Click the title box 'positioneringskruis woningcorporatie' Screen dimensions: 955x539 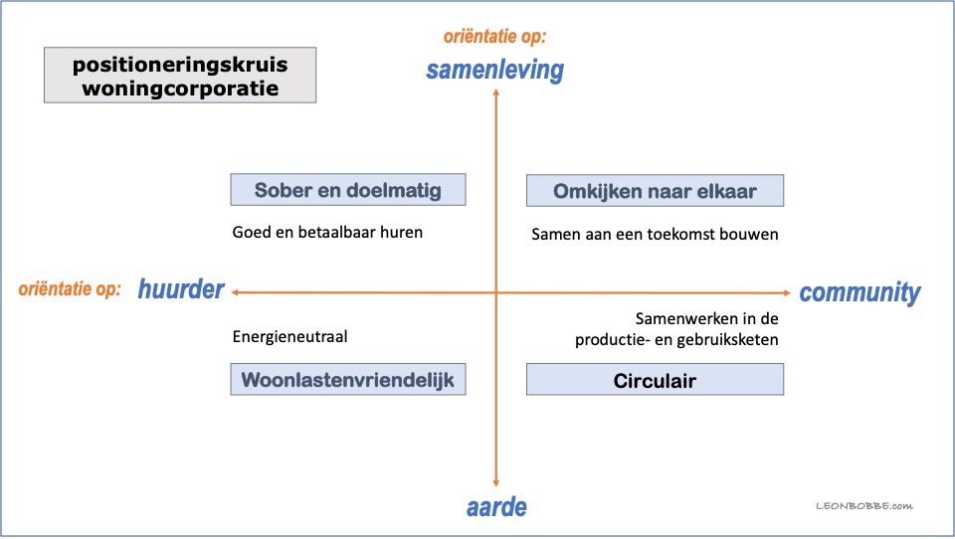(180, 75)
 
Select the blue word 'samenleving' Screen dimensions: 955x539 (494, 70)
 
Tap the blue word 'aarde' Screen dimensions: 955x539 (496, 507)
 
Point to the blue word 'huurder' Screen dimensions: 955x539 (181, 288)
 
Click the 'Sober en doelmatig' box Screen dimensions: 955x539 (348, 189)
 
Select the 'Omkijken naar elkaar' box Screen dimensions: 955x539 (655, 191)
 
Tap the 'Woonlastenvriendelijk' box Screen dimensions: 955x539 (348, 380)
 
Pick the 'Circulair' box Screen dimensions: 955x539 (655, 380)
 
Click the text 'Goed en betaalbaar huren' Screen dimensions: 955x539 (327, 232)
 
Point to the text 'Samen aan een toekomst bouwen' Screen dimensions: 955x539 (655, 235)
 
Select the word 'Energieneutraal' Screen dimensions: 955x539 (289, 337)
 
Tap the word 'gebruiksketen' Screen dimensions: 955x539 (727, 340)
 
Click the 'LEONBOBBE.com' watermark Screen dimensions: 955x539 (864, 505)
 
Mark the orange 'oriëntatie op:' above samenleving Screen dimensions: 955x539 (494, 37)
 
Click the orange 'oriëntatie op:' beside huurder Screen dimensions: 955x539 (70, 288)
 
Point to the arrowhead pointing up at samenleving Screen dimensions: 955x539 (496, 92)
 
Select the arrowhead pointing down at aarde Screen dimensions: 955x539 (496, 482)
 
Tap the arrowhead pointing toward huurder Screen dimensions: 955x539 (235, 292)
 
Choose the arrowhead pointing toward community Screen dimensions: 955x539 (787, 293)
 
